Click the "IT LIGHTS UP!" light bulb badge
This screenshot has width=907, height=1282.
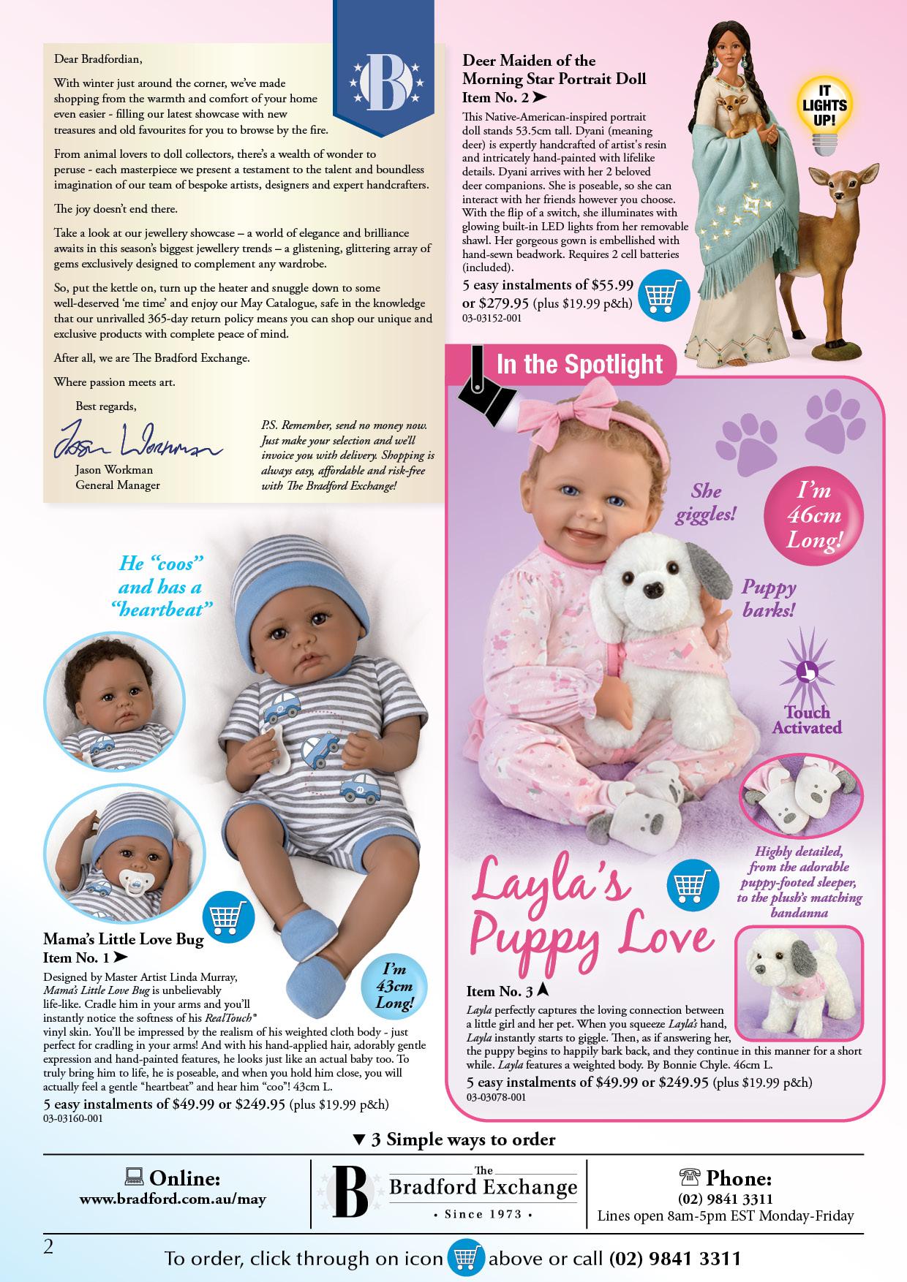tap(823, 117)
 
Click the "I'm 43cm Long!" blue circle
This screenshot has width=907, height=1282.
tap(394, 985)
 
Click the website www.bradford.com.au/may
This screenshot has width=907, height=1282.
tap(173, 1199)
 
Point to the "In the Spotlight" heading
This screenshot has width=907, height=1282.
tap(579, 363)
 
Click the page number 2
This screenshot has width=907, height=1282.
tap(49, 1247)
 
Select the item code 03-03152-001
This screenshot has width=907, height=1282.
tap(492, 319)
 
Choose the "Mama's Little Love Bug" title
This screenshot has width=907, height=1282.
tap(123, 939)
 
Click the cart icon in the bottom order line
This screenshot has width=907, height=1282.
tap(467, 1259)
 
